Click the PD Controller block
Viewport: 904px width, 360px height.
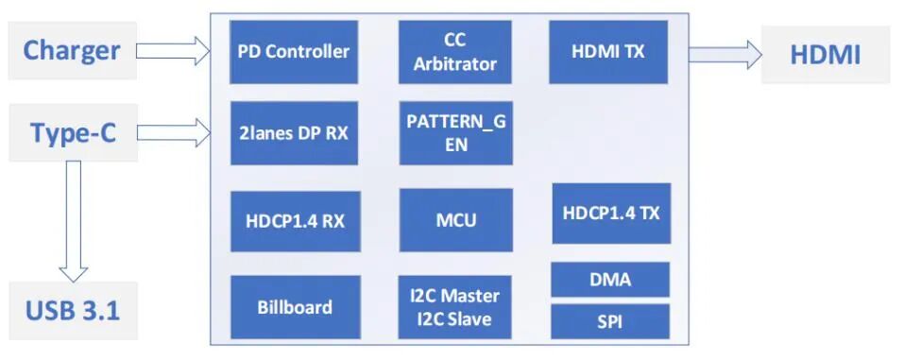[x=294, y=52]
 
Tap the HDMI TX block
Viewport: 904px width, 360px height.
[x=608, y=52]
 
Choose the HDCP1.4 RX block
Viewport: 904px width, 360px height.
[x=294, y=221]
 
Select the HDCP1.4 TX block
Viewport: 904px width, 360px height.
[x=610, y=213]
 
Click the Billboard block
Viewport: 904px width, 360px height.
[x=294, y=307]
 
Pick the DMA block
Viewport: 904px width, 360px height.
[x=609, y=280]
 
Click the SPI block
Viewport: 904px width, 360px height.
[x=609, y=321]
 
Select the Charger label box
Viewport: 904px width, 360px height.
[x=72, y=50]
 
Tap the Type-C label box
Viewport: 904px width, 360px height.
[x=72, y=133]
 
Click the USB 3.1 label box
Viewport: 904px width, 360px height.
[x=72, y=310]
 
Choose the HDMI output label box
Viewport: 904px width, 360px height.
[x=825, y=55]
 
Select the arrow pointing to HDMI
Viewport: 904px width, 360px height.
[x=723, y=54]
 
